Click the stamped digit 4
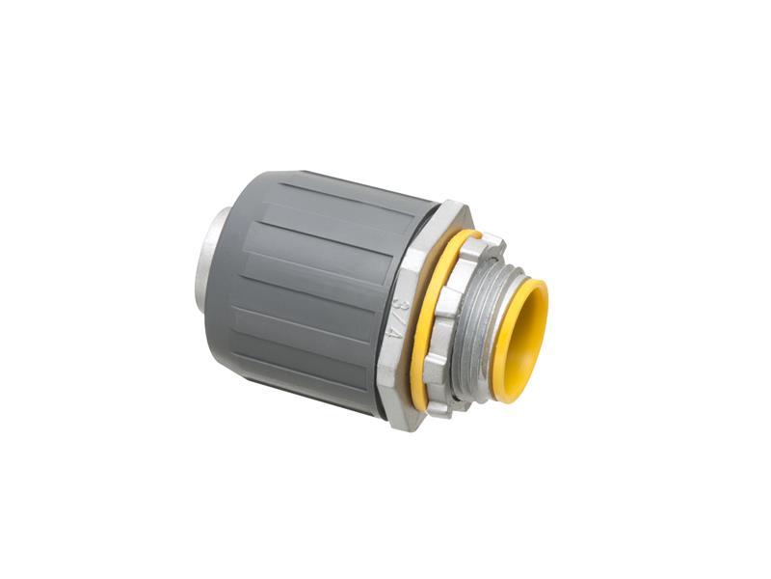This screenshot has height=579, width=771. pos(393,339)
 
